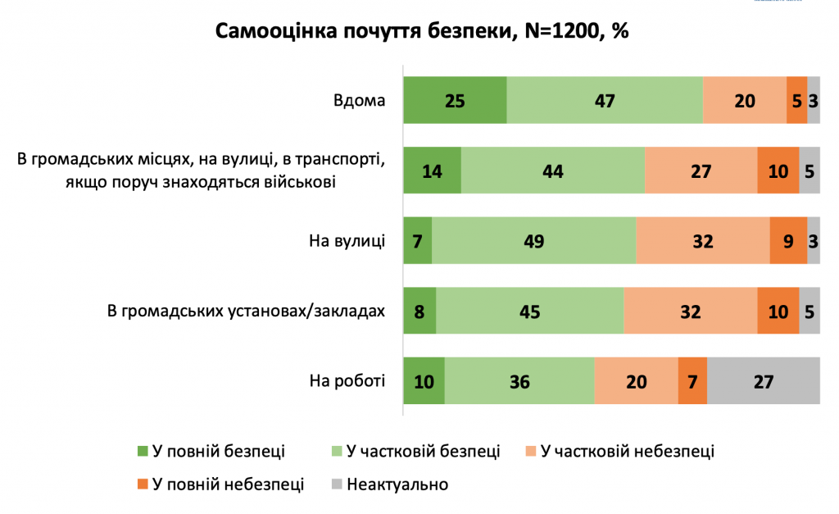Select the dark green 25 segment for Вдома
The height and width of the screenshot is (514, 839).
point(455,100)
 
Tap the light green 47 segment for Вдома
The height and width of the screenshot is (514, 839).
point(605,100)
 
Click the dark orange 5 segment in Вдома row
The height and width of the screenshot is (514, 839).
point(796,100)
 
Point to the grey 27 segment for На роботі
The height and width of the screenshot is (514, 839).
point(763,381)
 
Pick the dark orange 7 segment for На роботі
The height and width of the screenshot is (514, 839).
point(692,381)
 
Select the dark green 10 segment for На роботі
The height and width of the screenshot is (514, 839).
point(424,381)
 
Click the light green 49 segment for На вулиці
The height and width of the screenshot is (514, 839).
point(533,241)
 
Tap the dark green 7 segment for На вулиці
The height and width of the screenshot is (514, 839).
point(417,241)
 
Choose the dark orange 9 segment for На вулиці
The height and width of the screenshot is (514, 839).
point(788,241)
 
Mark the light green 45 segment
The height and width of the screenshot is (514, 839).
point(529,311)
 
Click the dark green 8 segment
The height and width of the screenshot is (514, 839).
point(419,311)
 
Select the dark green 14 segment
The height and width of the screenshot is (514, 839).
point(432,171)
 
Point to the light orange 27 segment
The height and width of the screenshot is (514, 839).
point(701,171)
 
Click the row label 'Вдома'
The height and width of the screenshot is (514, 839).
point(359,101)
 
